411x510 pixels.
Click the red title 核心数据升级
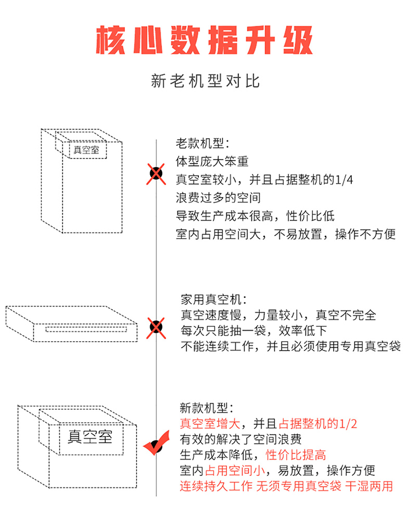point(205,39)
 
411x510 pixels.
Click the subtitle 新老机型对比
point(205,82)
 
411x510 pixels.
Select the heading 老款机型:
point(202,144)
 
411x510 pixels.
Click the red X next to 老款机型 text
point(157,174)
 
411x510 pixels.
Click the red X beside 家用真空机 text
point(157,327)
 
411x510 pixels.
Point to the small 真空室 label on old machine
point(87,149)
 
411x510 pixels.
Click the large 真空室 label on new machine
point(90,437)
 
